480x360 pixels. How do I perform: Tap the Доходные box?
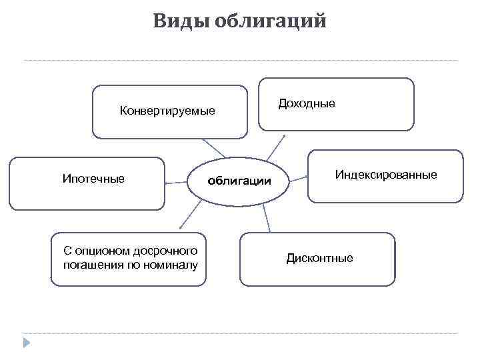(336, 119)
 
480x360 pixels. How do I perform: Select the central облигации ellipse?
(239, 181)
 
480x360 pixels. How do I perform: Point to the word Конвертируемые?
(167, 111)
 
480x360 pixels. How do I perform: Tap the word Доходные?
(307, 103)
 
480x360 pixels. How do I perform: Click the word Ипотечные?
(93, 178)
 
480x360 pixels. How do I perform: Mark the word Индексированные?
(386, 175)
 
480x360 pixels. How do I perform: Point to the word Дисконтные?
(320, 258)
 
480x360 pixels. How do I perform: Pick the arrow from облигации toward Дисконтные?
(266, 217)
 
